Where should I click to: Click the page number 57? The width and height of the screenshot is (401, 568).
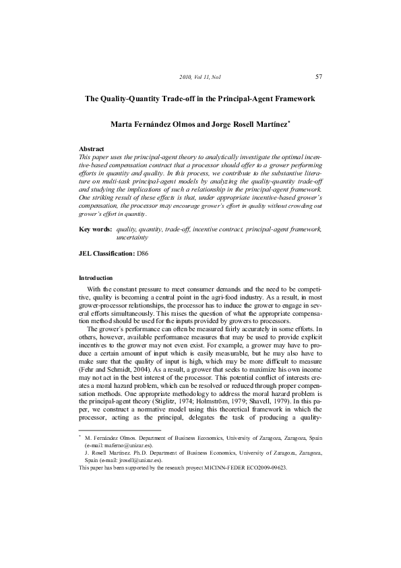pos(318,77)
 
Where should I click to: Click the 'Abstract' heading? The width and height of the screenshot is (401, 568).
pos(92,148)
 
